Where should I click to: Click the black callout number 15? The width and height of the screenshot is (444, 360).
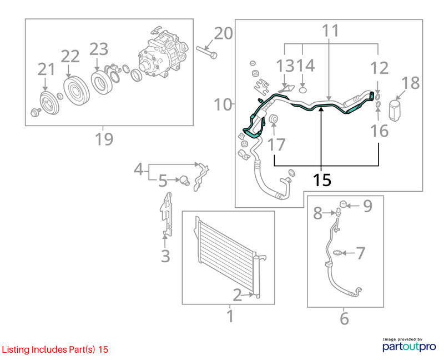pyautogui.click(x=322, y=179)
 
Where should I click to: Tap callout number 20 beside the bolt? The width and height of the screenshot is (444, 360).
pyautogui.click(x=223, y=33)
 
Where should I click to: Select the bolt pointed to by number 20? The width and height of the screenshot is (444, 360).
pyautogui.click(x=206, y=52)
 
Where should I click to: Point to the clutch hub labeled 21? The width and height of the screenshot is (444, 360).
pyautogui.click(x=49, y=103)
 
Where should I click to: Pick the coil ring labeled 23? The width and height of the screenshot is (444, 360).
pyautogui.click(x=102, y=82)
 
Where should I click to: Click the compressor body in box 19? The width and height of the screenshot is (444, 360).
pyautogui.click(x=162, y=55)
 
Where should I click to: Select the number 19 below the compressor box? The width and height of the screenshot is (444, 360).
pyautogui.click(x=104, y=139)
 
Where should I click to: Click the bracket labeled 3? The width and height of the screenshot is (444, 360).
pyautogui.click(x=166, y=214)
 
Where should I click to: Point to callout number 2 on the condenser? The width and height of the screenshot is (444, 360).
pyautogui.click(x=238, y=295)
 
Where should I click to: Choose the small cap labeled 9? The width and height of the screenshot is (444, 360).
pyautogui.click(x=343, y=204)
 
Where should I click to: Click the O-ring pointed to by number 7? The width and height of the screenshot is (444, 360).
pyautogui.click(x=337, y=253)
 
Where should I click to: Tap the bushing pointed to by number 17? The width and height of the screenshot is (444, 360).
pyautogui.click(x=274, y=119)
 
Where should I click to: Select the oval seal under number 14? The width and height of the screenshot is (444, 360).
pyautogui.click(x=302, y=91)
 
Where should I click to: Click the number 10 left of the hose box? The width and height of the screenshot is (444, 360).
pyautogui.click(x=223, y=104)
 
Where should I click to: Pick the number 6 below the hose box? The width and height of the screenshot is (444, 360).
pyautogui.click(x=344, y=319)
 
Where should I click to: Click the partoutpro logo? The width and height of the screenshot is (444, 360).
pyautogui.click(x=409, y=346)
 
